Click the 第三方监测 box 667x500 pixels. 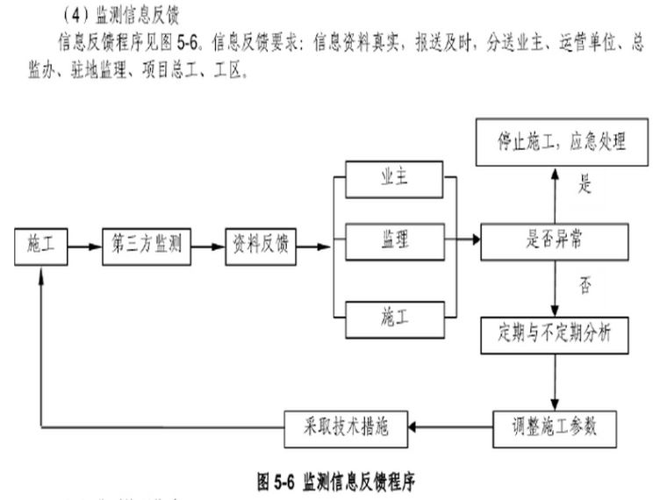point(147,246)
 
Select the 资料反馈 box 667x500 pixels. point(261,246)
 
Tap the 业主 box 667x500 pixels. point(394,180)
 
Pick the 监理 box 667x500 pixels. point(395,241)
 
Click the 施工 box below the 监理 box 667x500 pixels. point(395,319)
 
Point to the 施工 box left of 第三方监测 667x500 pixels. point(41,246)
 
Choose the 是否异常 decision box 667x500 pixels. point(555,242)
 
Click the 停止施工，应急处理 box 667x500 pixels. point(562,142)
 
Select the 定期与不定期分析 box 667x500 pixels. point(555,335)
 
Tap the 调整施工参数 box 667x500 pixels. point(555,429)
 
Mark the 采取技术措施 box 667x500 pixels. point(346,429)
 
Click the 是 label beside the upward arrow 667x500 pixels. point(585,185)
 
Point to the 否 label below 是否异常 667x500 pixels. point(585,285)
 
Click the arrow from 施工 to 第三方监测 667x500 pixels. point(84,246)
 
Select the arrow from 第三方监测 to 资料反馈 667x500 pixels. point(208,246)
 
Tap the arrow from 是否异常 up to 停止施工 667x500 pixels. point(555,196)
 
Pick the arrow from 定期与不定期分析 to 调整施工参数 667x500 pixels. point(555,382)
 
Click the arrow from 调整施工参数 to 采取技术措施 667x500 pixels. point(450,427)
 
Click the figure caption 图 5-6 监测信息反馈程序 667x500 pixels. point(336,482)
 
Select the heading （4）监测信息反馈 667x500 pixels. point(120,15)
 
